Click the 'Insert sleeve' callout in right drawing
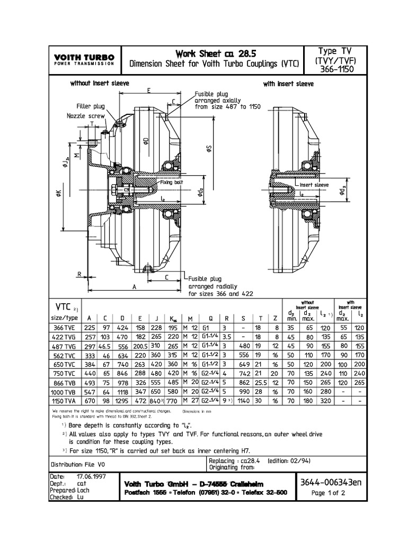pyautogui.click(x=314, y=185)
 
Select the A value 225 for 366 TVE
pyautogui.click(x=89, y=328)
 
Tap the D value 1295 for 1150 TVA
pyautogui.click(x=122, y=402)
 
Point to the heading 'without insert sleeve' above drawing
pyautogui.click(x=100, y=84)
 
